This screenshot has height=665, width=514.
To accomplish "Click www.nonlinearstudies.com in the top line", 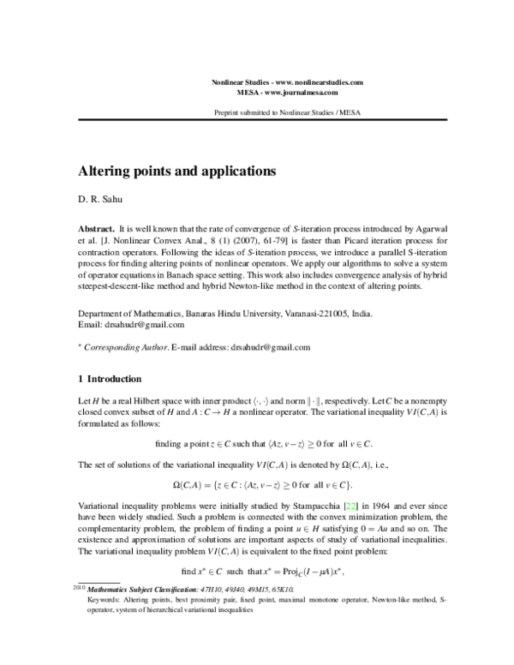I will tap(319, 81).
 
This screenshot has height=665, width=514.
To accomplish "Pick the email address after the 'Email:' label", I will tap(143, 325).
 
